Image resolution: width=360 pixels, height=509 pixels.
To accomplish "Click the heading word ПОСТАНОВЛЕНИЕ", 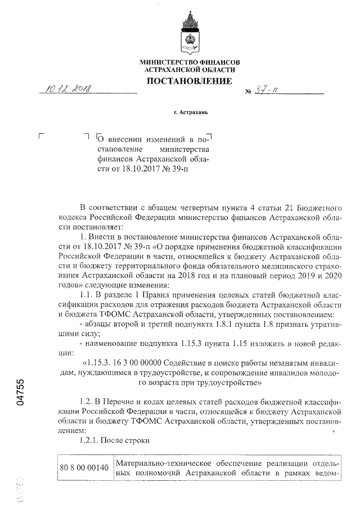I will pyautogui.click(x=189, y=82).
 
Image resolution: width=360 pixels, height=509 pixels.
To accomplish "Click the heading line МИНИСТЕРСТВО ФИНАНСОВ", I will pyautogui.click(x=190, y=61).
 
